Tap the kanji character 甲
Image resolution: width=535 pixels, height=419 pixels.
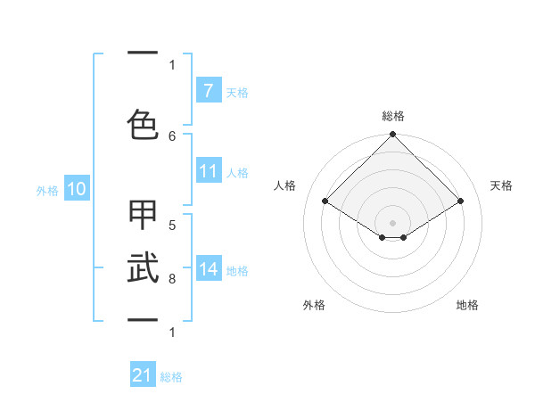(x=143, y=216)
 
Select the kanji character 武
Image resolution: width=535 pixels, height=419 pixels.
(x=143, y=267)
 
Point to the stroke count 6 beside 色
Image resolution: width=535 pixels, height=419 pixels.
(x=172, y=136)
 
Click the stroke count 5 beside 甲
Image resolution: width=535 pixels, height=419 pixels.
(x=172, y=225)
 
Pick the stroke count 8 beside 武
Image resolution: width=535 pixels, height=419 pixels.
(x=172, y=279)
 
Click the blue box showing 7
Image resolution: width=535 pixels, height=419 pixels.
(x=208, y=91)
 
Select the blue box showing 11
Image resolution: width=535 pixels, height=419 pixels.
(x=208, y=171)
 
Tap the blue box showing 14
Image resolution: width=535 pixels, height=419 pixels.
(x=208, y=269)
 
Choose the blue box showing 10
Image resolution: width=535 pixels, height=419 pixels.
(x=77, y=189)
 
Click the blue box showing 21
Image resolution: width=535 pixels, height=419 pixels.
(x=143, y=375)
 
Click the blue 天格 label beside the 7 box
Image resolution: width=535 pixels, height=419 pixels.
(x=237, y=92)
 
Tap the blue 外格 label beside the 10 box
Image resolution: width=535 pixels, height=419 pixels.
(x=47, y=190)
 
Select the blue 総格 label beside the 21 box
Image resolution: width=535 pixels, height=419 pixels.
(x=171, y=377)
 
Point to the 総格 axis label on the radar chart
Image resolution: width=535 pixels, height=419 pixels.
(x=393, y=116)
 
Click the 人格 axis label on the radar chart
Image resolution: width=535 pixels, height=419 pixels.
(x=285, y=185)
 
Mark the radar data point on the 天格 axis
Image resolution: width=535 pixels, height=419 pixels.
(x=461, y=201)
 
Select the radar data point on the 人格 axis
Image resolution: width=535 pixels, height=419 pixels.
(x=325, y=201)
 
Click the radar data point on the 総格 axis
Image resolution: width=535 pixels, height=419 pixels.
(x=393, y=135)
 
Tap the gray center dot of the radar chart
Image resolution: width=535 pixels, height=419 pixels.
(x=393, y=222)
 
